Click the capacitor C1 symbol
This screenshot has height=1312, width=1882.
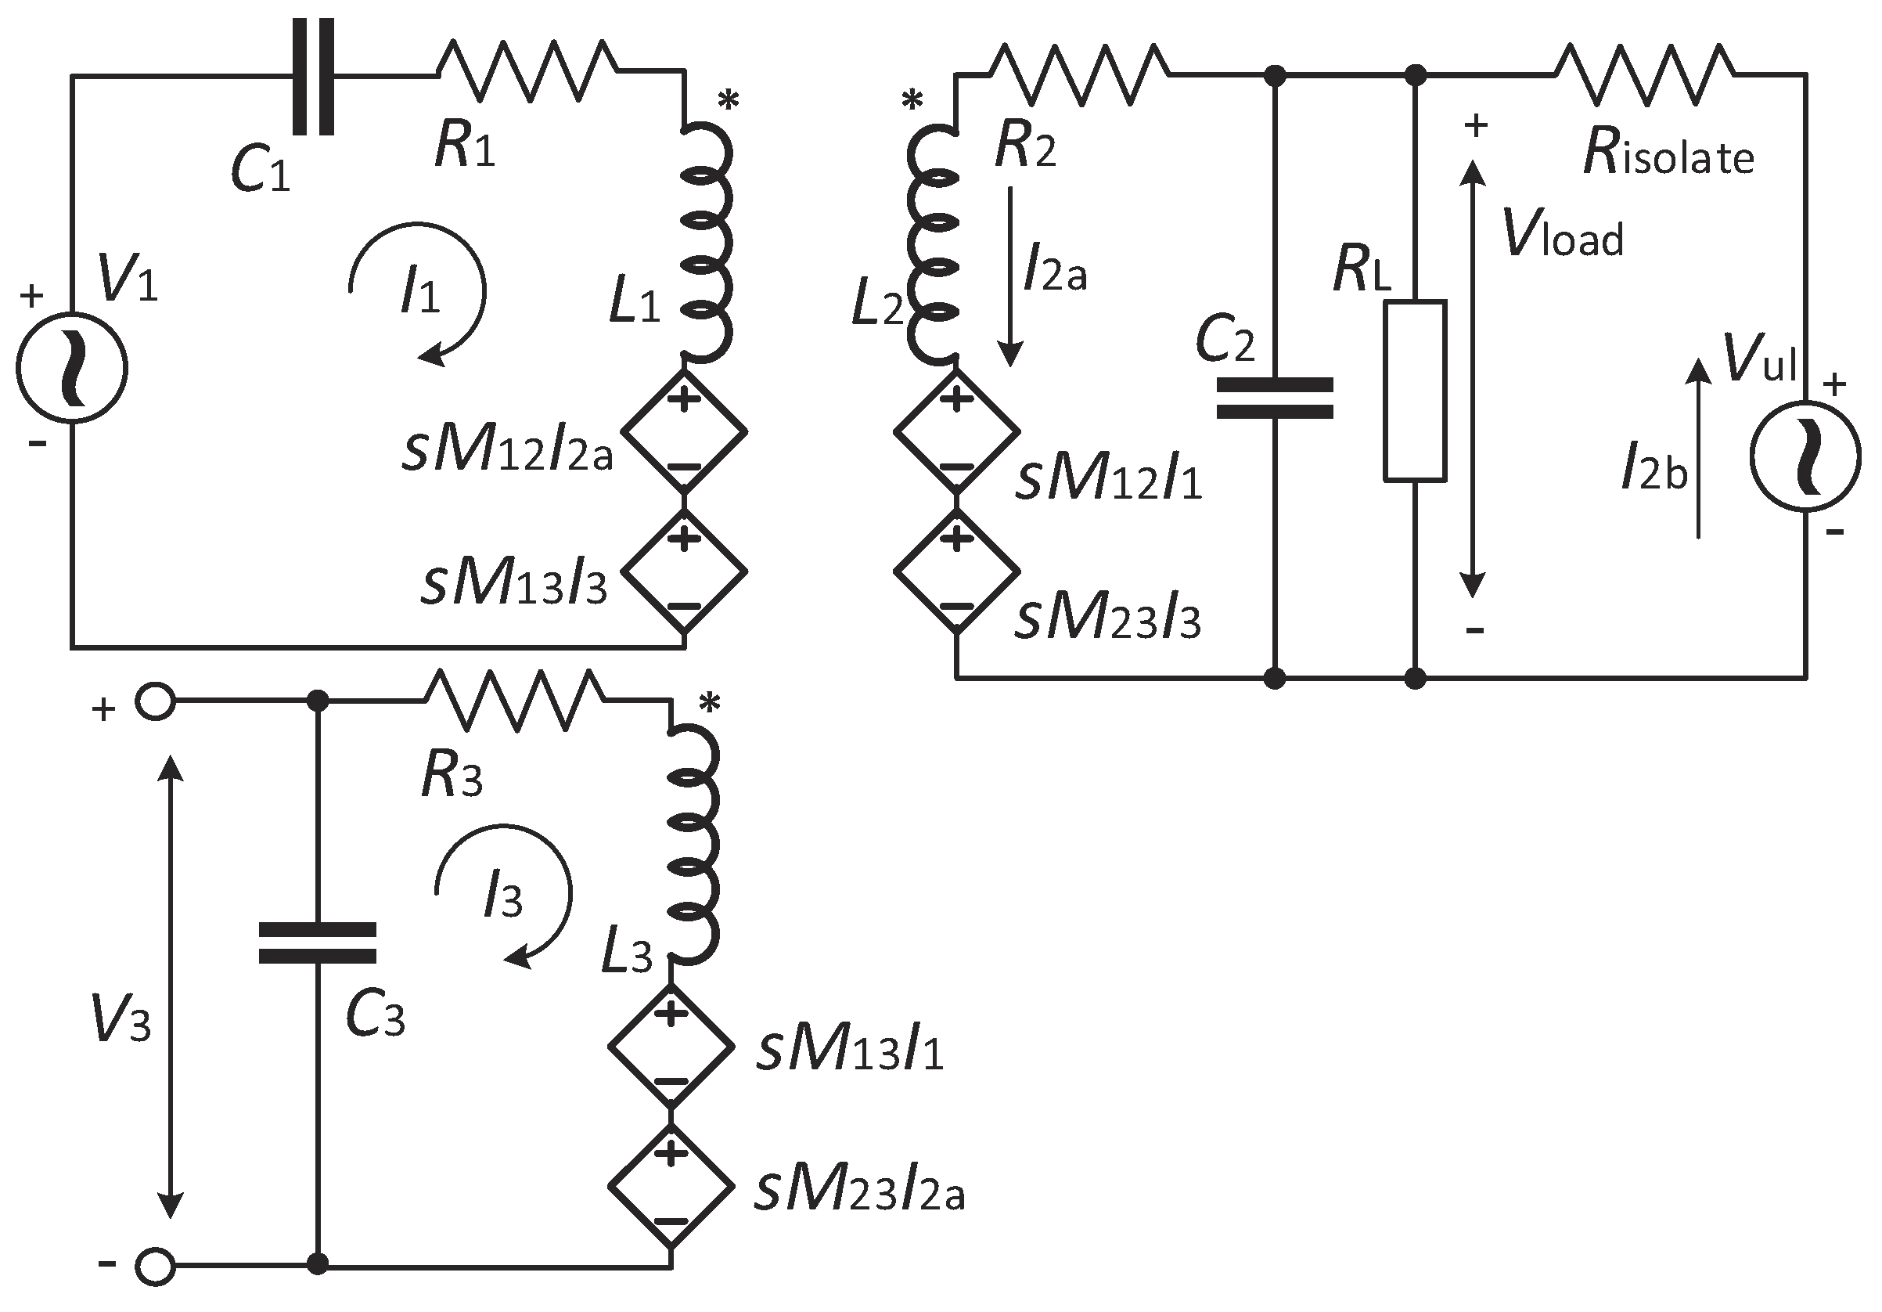coord(314,75)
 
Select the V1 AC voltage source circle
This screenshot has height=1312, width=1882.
coord(72,367)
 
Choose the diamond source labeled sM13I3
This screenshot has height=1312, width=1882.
coord(684,571)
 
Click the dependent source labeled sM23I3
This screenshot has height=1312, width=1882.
coord(956,571)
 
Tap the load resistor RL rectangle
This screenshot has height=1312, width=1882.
coord(1415,391)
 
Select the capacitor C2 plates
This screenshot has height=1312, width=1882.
coord(1275,398)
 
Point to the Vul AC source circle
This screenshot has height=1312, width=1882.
coord(1805,456)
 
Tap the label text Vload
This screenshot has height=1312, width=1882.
coord(1562,235)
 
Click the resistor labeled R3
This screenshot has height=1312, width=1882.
coord(515,700)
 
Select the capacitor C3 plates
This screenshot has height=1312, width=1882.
coord(317,943)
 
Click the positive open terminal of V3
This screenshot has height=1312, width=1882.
coord(155,702)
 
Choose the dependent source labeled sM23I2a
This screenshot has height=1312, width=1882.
coord(671,1188)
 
